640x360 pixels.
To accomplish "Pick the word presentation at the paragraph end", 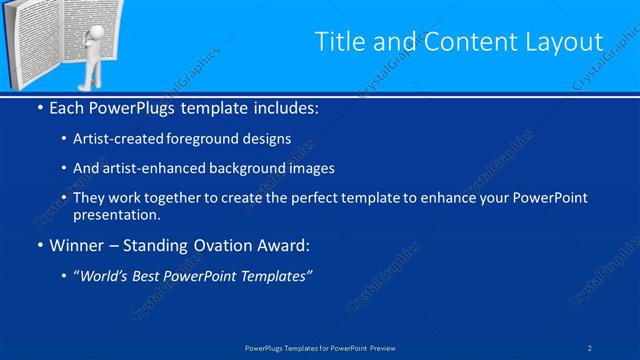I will coord(115,215).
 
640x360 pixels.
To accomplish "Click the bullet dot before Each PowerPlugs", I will coord(39,107).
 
